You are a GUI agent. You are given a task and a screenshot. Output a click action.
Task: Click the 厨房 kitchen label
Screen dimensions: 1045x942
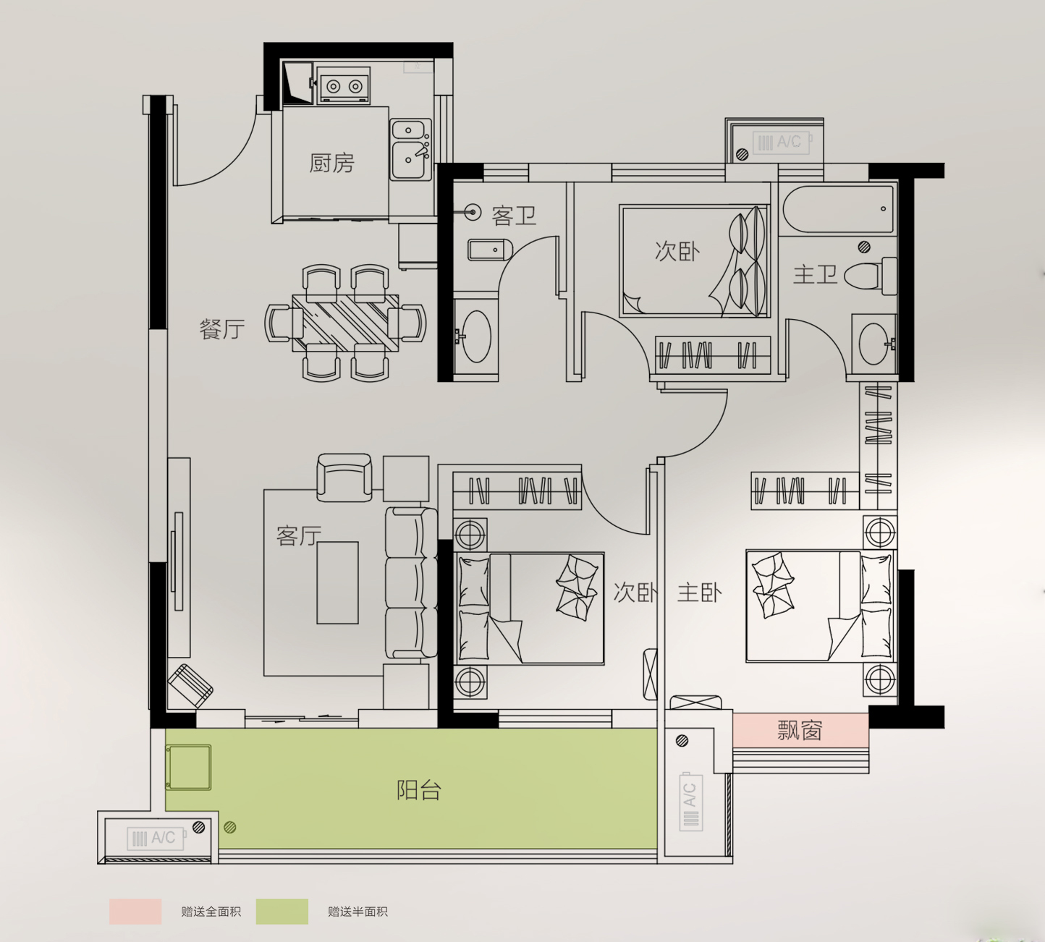point(332,163)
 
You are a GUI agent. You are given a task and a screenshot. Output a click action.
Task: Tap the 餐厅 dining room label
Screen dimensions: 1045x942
point(222,329)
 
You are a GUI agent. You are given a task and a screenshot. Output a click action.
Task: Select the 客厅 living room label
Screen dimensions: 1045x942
point(299,535)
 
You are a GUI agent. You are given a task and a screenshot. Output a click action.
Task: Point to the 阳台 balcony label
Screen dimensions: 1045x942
point(419,790)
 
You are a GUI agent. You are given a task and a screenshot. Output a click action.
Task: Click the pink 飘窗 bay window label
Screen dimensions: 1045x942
point(800,730)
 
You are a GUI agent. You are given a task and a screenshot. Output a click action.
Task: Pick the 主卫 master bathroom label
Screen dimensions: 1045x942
point(815,275)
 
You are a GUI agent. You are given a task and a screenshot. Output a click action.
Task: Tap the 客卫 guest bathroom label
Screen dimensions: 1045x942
point(514,215)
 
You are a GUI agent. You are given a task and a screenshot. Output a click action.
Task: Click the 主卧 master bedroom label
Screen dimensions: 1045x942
point(699,593)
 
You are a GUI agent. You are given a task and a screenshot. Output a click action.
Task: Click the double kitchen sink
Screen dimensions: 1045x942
point(411,150)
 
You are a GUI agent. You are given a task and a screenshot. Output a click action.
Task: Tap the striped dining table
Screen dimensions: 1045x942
point(345,323)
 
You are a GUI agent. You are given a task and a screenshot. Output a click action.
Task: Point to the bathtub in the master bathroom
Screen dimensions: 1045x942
point(838,209)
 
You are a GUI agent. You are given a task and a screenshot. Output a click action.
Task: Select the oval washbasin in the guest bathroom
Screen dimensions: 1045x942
point(476,336)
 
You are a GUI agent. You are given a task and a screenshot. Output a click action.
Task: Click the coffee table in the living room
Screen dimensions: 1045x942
point(337,582)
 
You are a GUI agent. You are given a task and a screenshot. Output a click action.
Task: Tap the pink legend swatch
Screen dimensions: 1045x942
point(135,912)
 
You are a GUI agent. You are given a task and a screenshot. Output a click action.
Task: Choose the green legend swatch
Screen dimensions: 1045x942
point(282,912)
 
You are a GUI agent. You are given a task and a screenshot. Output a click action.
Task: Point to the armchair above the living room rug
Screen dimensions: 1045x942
point(344,478)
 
